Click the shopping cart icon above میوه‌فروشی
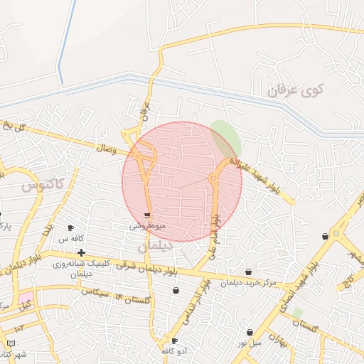(147, 215)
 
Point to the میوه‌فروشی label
(147, 226)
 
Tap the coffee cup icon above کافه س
(71, 227)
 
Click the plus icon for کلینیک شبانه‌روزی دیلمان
(82, 252)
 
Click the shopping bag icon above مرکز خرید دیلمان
(248, 272)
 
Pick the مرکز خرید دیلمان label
(248, 283)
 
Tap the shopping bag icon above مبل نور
(250, 332)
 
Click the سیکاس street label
(94, 291)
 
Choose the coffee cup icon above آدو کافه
(174, 341)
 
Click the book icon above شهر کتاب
(11, 343)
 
